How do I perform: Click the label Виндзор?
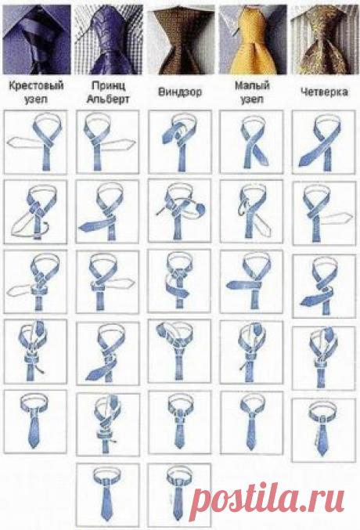click(x=179, y=92)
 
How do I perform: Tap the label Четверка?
click(x=324, y=92)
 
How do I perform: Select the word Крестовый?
click(x=36, y=85)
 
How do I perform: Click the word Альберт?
click(x=108, y=99)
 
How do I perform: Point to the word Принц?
click(x=108, y=85)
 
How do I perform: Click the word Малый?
click(x=252, y=85)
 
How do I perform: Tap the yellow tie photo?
click(x=253, y=40)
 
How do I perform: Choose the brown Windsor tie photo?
click(x=181, y=40)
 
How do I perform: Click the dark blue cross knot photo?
click(x=37, y=40)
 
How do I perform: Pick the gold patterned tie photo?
click(x=325, y=40)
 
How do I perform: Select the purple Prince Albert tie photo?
click(x=108, y=40)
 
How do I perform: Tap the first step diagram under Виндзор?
click(x=180, y=142)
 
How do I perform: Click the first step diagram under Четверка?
click(x=324, y=142)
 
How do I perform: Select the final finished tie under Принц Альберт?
click(x=108, y=495)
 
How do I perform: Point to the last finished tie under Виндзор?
click(x=179, y=495)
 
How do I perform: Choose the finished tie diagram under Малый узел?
click(x=251, y=423)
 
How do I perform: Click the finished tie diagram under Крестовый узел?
click(x=35, y=421)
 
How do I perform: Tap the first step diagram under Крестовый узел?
click(x=35, y=142)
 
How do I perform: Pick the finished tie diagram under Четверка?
click(x=324, y=430)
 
